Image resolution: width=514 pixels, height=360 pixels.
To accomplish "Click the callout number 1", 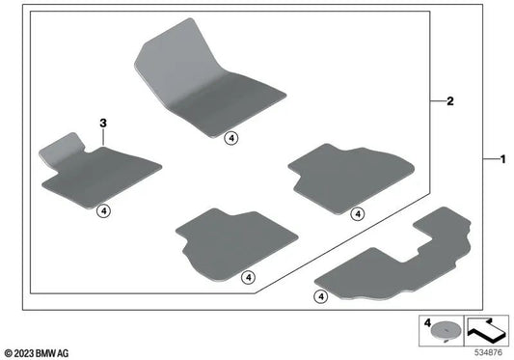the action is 502,160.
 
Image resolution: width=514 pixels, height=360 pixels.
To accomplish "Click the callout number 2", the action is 450,101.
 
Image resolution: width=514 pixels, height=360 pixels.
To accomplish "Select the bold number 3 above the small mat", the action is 103,124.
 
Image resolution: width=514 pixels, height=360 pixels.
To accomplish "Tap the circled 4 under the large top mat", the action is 231,138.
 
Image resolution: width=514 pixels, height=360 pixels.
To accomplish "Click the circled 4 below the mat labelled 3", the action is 103,211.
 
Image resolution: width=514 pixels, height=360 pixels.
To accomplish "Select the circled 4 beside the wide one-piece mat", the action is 321,296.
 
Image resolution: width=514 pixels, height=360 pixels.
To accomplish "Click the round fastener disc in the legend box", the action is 446,330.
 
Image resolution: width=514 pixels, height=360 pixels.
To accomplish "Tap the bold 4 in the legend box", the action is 427,323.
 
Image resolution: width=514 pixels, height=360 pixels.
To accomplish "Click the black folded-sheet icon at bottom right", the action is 486,330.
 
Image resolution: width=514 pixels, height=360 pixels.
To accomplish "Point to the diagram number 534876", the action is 488,353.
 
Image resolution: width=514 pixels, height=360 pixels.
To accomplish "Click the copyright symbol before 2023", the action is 9,353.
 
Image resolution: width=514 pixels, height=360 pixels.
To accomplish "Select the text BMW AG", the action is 52,353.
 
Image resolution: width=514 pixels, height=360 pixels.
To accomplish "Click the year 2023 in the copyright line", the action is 24,353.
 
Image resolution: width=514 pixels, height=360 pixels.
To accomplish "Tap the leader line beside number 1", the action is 491,159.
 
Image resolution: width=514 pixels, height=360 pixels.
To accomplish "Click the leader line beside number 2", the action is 438,100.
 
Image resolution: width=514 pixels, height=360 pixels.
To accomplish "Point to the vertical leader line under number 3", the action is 103,137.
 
